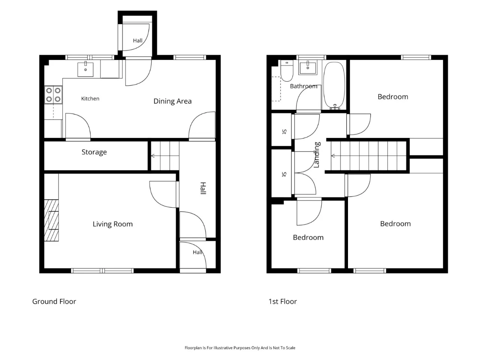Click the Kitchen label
coord(90,99)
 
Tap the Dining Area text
coord(172,101)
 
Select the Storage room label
coord(94,152)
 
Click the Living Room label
coord(112,224)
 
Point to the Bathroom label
coord(303,86)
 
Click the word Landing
coord(317,155)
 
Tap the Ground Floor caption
coord(54,301)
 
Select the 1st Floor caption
coord(282,301)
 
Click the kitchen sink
coord(85,69)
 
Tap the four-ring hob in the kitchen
coord(53,94)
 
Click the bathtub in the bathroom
coord(334,85)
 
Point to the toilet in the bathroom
coord(287,70)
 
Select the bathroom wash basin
coord(307,67)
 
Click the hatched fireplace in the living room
coord(51,220)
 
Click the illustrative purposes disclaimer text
coord(240,348)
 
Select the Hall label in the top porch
coord(138,40)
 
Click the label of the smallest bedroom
coord(308,237)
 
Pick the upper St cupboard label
coord(284,131)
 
